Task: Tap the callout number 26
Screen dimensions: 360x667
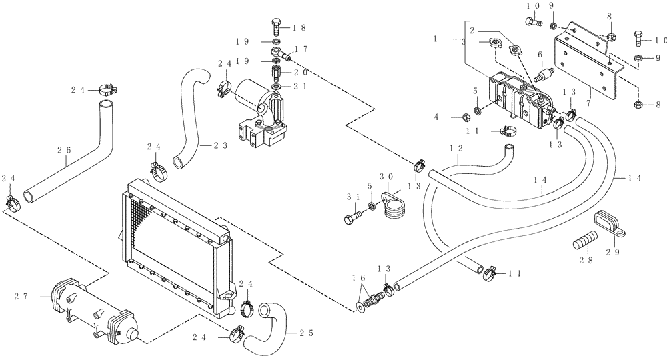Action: coord(67,151)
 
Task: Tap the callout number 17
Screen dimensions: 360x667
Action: coord(301,49)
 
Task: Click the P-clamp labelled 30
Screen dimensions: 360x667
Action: coord(392,203)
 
